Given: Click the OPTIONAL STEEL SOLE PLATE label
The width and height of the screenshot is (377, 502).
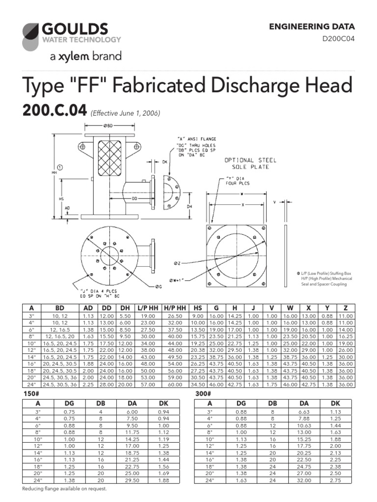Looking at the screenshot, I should pyautogui.click(x=250, y=163).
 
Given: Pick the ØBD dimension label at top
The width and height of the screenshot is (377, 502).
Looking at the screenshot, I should pyautogui.click(x=109, y=126).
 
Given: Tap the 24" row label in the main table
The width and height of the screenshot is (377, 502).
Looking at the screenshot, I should pyautogui.click(x=32, y=385).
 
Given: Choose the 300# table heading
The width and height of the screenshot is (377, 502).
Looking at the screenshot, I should pyautogui.click(x=201, y=394).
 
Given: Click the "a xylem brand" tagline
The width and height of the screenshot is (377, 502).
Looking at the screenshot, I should pyautogui.click(x=85, y=57).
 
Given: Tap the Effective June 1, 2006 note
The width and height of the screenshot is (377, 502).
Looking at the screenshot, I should pyautogui.click(x=125, y=113).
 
